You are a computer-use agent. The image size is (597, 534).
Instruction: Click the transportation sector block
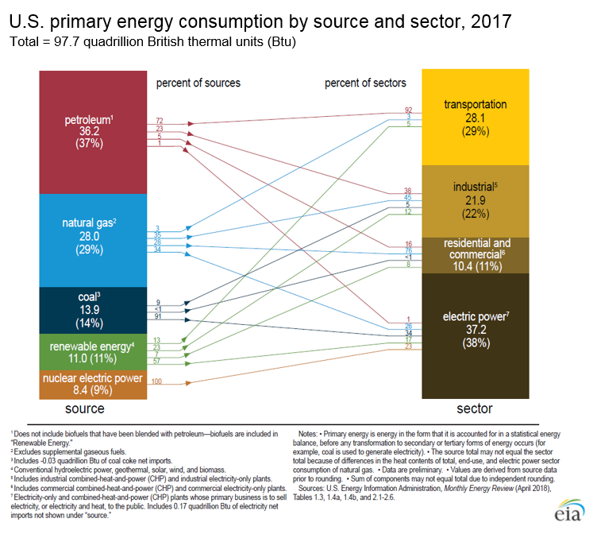tap(475, 117)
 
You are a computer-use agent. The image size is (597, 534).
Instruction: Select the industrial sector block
tap(475, 200)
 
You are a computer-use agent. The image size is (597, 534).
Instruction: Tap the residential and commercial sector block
tap(475, 255)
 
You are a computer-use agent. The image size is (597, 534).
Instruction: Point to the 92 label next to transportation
tap(409, 110)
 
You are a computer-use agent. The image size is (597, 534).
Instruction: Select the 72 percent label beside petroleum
tap(160, 120)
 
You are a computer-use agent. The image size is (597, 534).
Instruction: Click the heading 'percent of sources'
tap(198, 83)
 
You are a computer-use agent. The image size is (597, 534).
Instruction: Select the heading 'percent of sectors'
tap(365, 83)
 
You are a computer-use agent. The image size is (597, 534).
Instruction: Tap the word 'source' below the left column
tap(83, 408)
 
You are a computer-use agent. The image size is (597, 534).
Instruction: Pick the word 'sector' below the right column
tap(474, 408)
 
